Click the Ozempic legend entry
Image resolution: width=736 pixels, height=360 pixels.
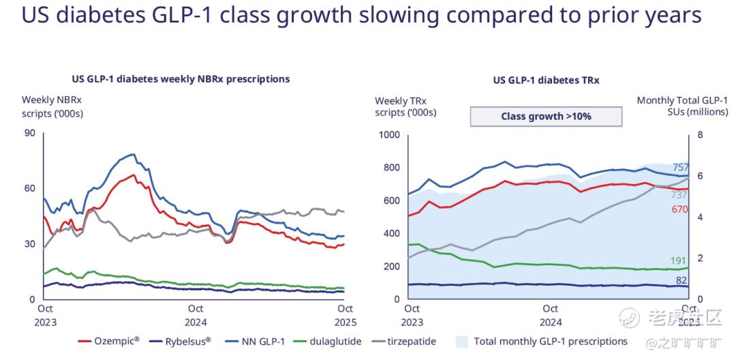click(x=109, y=341)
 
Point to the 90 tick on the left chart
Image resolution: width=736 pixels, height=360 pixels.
click(x=29, y=132)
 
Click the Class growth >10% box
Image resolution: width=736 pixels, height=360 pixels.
click(x=546, y=116)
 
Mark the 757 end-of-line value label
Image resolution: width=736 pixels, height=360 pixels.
click(x=699, y=168)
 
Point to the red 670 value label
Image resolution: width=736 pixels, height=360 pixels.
click(x=699, y=209)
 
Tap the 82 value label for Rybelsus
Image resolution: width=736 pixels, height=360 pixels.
click(x=701, y=280)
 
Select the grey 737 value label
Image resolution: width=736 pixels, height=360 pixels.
click(x=699, y=194)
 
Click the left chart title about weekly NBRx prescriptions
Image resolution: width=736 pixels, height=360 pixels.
click(x=181, y=79)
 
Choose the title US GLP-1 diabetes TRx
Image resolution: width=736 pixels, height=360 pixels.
click(x=546, y=80)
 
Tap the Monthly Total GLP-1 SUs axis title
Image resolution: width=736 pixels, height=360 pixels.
click(x=682, y=106)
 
